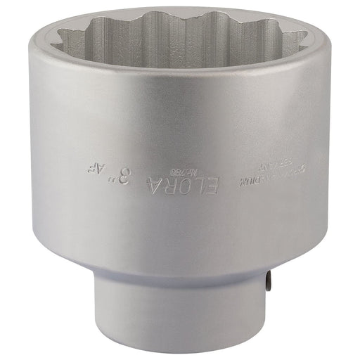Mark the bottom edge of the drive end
click(x=183, y=342)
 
